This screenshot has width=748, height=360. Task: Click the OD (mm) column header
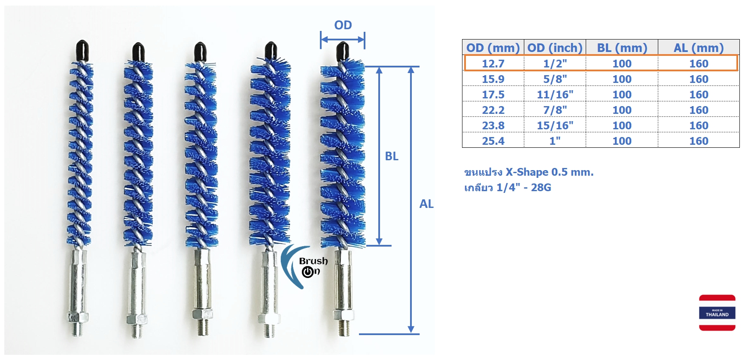coord(493,48)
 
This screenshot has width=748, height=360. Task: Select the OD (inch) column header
coord(555,48)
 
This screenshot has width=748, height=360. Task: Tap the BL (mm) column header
coord(622,48)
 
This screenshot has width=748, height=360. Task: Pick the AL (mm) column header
coord(699,48)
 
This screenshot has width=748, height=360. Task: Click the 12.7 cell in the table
coord(493,64)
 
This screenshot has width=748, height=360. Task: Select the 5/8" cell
coord(555,79)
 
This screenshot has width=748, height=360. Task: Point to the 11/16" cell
coord(555,95)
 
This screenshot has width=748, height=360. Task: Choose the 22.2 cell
coord(493,110)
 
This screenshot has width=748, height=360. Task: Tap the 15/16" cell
coord(555,125)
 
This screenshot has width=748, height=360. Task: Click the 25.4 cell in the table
coord(493,141)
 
